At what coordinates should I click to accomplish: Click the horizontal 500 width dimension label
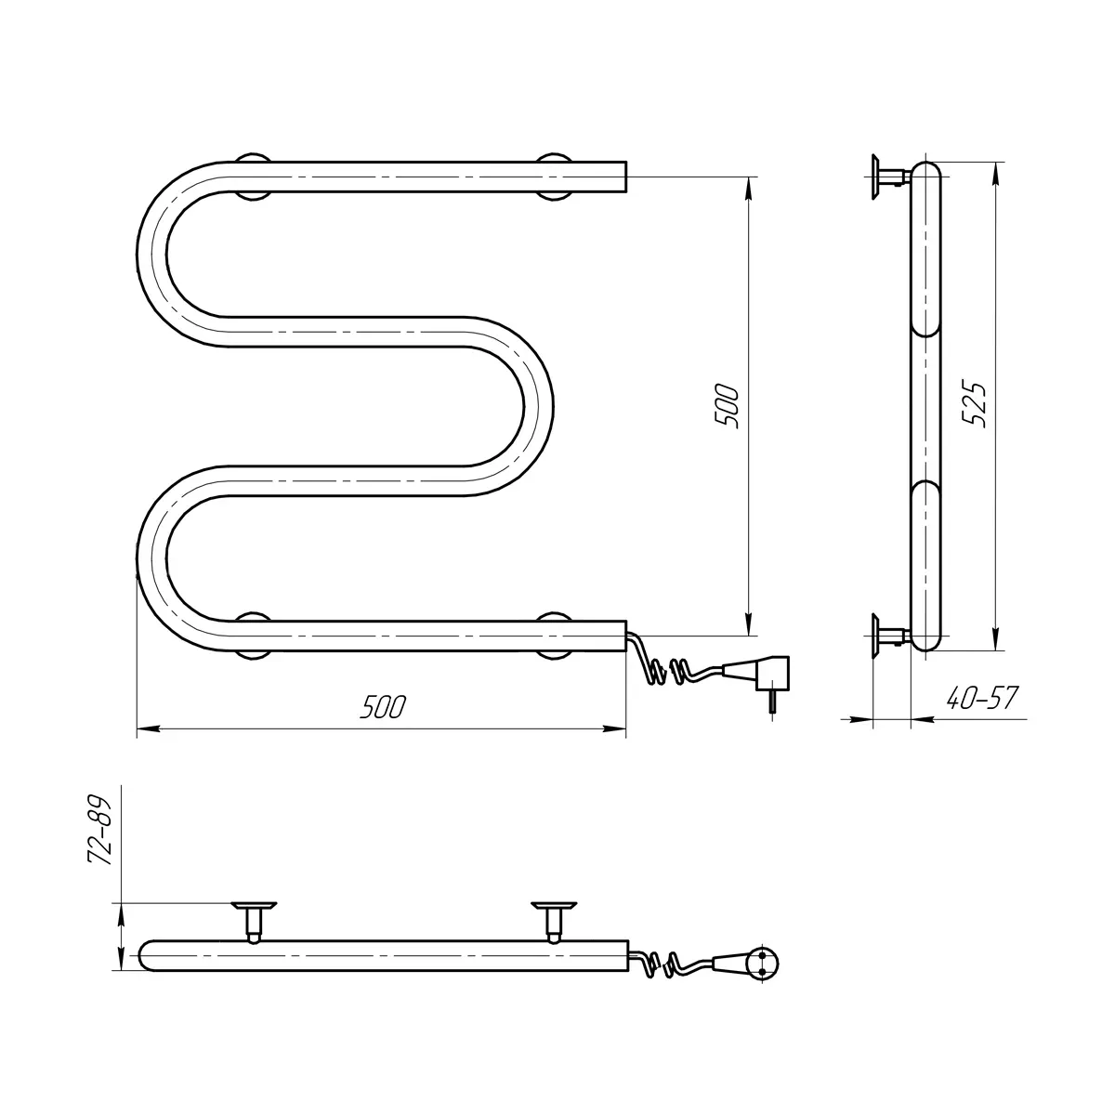click(x=383, y=706)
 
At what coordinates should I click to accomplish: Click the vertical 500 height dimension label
click(x=728, y=406)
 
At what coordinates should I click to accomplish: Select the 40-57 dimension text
click(x=982, y=698)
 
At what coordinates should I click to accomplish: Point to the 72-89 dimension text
click(x=99, y=833)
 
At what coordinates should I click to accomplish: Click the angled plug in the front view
click(x=765, y=680)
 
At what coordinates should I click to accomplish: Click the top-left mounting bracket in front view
click(x=254, y=177)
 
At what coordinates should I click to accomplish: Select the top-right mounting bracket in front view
click(x=554, y=177)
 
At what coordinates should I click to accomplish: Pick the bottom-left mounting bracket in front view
click(x=254, y=636)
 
